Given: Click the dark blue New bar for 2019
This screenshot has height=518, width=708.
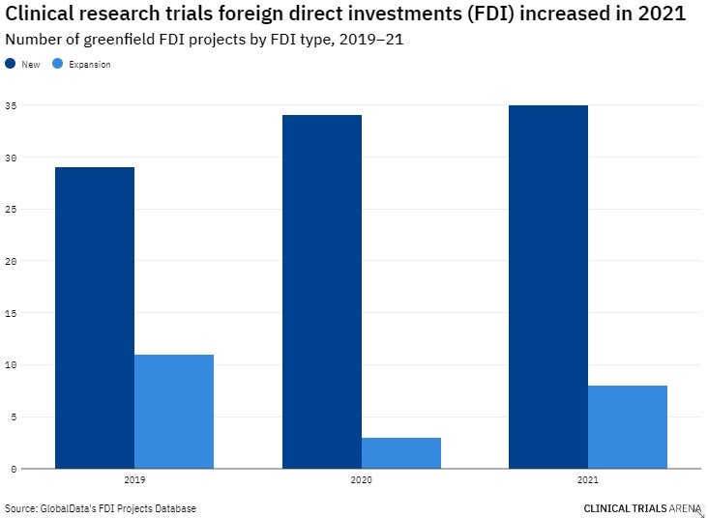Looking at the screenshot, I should tap(95, 318).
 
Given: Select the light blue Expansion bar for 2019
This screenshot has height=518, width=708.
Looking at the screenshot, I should tap(174, 412).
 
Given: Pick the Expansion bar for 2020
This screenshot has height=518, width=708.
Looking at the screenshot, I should tap(401, 453).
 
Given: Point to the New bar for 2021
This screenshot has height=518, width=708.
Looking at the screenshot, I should tap(548, 287).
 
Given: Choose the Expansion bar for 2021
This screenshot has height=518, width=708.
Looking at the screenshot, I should tap(628, 427).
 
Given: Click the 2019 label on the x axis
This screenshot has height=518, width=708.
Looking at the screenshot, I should tap(134, 479).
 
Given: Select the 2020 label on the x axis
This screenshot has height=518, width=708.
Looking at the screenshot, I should tap(362, 479).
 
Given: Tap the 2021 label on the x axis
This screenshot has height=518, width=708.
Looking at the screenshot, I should tap(588, 479).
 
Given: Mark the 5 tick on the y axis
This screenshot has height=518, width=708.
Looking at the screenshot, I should tap(12, 417).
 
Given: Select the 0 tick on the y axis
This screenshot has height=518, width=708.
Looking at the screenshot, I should tap(12, 469).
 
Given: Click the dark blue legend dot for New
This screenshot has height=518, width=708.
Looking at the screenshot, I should tap(11, 64).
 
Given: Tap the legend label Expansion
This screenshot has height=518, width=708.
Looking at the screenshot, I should tap(90, 65).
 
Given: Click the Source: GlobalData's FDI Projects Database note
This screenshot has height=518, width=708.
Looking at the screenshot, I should tap(101, 507).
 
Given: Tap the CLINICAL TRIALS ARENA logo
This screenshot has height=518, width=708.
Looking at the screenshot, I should tap(642, 507).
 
